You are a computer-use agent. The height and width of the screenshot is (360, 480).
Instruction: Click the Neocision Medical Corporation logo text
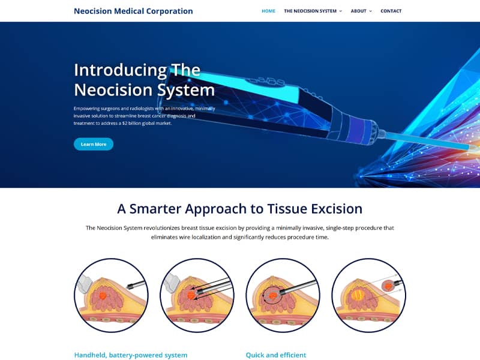coord(133,11)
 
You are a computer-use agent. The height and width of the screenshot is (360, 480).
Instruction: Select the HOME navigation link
coord(268,11)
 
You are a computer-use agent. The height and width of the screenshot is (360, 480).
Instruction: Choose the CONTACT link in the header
coord(391,11)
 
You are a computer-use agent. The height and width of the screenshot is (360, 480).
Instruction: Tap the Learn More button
coord(94,144)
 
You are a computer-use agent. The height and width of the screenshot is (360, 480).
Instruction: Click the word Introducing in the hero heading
coord(121,70)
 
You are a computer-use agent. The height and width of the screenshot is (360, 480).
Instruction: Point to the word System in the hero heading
coord(186,91)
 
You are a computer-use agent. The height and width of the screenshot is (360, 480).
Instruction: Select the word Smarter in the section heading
coord(157,209)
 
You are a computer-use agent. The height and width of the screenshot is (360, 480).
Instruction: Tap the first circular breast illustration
coord(112,295)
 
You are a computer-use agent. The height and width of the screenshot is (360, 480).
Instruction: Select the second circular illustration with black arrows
coord(197,295)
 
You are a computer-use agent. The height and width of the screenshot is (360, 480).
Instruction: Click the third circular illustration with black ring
coord(283,295)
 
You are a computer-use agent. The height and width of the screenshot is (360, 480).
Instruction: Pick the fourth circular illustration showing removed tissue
coord(369,295)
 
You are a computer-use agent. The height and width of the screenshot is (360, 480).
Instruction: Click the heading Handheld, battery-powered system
coord(131,355)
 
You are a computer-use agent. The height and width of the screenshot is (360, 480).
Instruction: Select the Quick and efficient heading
coord(276,355)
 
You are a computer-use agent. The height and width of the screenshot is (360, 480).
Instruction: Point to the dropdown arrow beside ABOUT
coord(370,11)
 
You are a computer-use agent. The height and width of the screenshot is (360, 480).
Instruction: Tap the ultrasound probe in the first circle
coord(83,284)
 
